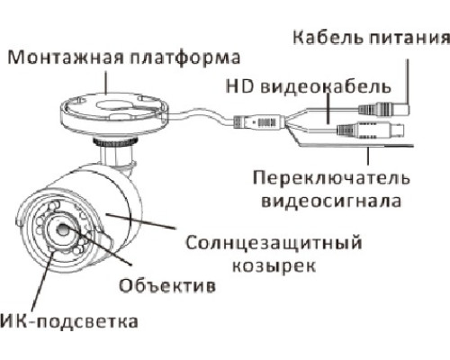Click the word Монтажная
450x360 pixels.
tap(66, 57)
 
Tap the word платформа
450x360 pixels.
tap(184, 58)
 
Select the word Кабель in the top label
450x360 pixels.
tap(328, 37)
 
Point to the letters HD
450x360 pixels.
tap(239, 86)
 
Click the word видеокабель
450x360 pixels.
tap(326, 86)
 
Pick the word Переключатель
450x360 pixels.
tap(331, 178)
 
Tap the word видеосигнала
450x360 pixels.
tap(331, 201)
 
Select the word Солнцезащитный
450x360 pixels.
tap(274, 243)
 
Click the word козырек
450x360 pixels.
tap(274, 265)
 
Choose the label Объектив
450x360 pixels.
tap(167, 285)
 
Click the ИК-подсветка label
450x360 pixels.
tap(69, 321)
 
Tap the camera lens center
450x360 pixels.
tap(63, 230)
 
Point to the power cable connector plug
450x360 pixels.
tap(384, 107)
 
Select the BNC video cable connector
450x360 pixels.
tap(371, 130)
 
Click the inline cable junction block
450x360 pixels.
tap(258, 121)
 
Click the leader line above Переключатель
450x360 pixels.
tap(368, 155)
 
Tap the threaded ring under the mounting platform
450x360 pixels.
tap(114, 141)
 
